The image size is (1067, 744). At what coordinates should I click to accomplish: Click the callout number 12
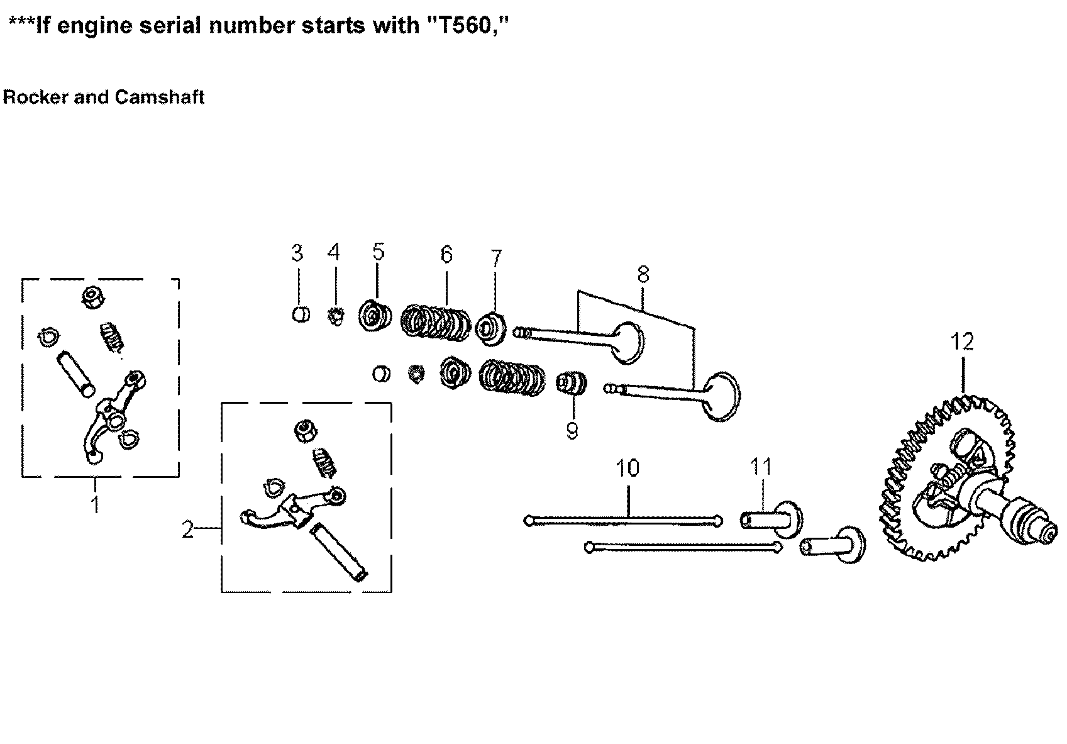pyautogui.click(x=962, y=341)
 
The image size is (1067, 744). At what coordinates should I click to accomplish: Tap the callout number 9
pyautogui.click(x=572, y=431)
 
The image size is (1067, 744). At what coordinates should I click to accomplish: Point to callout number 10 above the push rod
pyautogui.click(x=628, y=468)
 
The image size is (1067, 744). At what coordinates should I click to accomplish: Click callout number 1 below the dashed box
pyautogui.click(x=95, y=504)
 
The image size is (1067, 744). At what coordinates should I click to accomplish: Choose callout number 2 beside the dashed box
pyautogui.click(x=187, y=530)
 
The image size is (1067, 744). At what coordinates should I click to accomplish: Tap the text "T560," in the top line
pyautogui.click(x=468, y=25)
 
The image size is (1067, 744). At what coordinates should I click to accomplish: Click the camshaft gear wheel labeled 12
pyautogui.click(x=943, y=478)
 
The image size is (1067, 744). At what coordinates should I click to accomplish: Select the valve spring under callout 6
pyautogui.click(x=436, y=323)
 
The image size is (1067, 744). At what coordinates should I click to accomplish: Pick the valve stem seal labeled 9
pyautogui.click(x=572, y=384)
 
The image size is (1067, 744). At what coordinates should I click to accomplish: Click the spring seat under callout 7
pyautogui.click(x=492, y=330)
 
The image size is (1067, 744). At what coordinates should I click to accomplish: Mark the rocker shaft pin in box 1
pyautogui.click(x=75, y=374)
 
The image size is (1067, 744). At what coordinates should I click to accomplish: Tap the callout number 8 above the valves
pyautogui.click(x=643, y=275)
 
